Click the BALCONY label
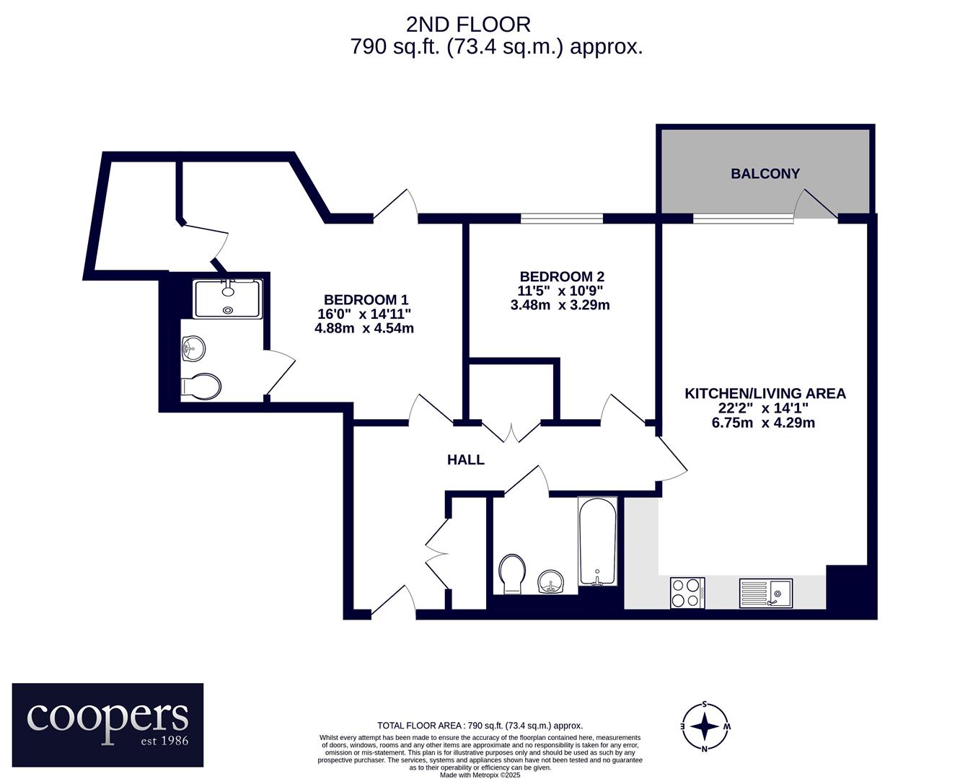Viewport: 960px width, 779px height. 765,173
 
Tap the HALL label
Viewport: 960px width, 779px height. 466,459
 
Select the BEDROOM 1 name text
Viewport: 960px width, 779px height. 366,299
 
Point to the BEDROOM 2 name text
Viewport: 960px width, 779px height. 562,276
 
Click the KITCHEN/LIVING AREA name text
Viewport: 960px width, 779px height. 765,393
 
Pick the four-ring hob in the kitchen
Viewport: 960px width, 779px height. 687,593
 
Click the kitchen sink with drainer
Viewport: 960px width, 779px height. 766,593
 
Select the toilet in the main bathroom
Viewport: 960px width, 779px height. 512,573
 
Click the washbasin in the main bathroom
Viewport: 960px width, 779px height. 551,581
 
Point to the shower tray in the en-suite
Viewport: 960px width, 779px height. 228,299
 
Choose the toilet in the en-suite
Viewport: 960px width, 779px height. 201,386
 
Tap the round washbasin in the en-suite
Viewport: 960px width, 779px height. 193,348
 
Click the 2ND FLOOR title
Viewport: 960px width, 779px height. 468,25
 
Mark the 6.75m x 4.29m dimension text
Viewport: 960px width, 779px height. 763,423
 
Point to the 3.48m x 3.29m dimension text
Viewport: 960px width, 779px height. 560,305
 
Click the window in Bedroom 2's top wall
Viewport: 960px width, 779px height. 562,219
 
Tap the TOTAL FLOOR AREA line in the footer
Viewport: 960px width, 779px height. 480,726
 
